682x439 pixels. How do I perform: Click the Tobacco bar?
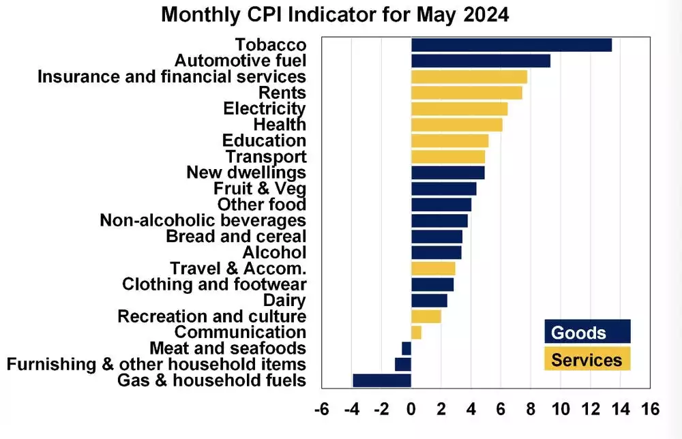tap(512, 45)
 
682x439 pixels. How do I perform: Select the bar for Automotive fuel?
tap(481, 61)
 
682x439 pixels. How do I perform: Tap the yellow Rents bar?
tap(466, 93)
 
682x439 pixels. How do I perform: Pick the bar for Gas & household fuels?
tap(382, 380)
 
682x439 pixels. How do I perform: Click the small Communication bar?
tap(416, 333)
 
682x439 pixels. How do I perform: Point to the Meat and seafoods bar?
tap(406, 348)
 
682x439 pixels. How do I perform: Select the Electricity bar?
tap(459, 109)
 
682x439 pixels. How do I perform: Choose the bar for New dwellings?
tap(447, 172)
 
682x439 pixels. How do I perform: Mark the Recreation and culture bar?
tap(426, 316)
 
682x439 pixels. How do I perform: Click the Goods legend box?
tap(587, 332)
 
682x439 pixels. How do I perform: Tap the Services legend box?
tap(587, 359)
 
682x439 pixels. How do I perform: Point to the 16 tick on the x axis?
tap(651, 410)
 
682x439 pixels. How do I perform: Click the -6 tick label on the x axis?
tap(321, 410)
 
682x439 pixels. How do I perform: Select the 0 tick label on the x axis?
tap(411, 410)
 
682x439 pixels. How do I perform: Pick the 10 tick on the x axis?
tap(561, 410)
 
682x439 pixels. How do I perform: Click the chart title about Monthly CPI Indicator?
tap(335, 15)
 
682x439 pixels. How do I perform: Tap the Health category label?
tap(280, 125)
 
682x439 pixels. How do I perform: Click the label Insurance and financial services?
tap(171, 76)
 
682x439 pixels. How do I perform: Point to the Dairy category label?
tap(284, 301)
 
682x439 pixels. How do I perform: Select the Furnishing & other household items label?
tap(156, 364)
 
